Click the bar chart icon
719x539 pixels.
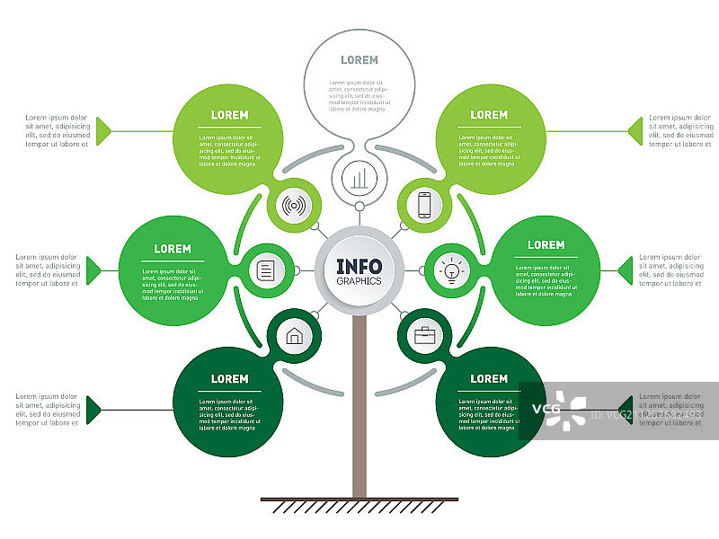click(359, 179)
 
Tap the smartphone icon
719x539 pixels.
click(425, 205)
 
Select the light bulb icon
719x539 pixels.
click(452, 269)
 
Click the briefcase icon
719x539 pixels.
click(425, 337)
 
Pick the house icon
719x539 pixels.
click(294, 337)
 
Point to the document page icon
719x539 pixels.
click(266, 269)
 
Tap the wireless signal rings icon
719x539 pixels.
click(292, 205)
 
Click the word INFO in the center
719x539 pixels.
click(359, 266)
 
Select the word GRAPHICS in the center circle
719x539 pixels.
click(359, 280)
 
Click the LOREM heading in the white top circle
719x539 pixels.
click(359, 60)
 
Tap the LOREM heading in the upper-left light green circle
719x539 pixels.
click(229, 115)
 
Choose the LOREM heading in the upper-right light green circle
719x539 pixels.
click(489, 115)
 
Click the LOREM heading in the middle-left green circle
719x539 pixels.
click(173, 249)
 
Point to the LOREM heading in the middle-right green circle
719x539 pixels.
click(546, 245)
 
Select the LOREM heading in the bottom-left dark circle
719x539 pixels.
click(229, 379)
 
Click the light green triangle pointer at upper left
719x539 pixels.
click(104, 131)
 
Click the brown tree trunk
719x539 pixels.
click(359, 404)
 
